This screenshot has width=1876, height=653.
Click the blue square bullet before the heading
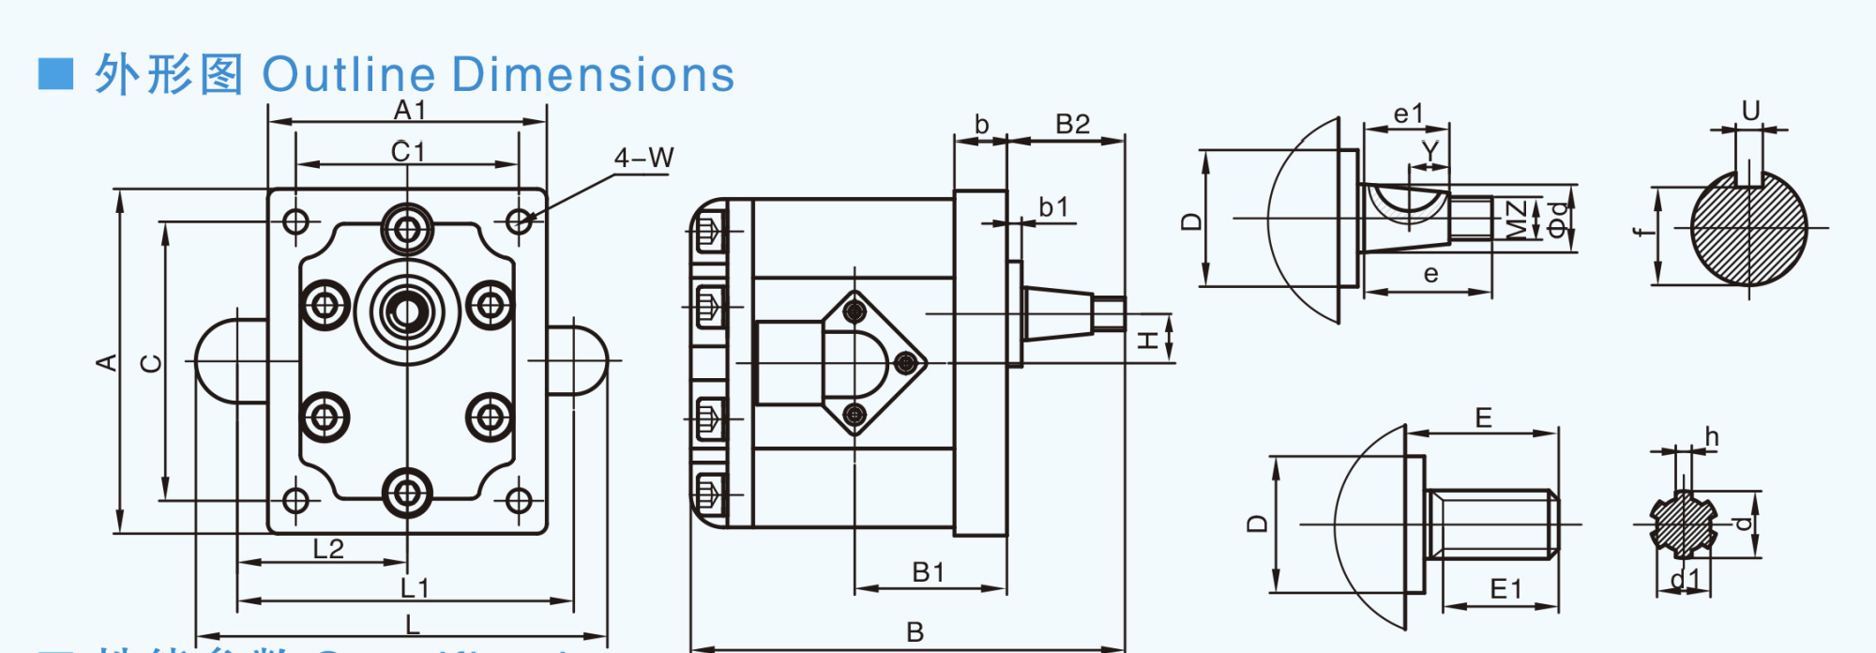55,74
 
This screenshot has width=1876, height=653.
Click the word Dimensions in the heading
593,75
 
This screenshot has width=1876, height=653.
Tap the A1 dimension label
410,110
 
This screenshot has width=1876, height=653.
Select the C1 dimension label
408,151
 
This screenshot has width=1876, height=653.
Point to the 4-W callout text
643,158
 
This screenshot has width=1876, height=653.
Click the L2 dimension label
328,549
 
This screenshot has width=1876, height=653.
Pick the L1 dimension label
414,588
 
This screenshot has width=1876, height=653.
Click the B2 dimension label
1072,124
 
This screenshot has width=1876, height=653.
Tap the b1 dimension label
1053,207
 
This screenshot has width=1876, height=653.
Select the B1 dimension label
928,572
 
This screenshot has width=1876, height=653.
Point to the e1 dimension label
1408,114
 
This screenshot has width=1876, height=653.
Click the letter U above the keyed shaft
1750,112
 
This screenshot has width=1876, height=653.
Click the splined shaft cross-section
1684,524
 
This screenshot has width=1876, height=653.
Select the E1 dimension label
1505,589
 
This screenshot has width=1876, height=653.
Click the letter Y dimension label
1430,150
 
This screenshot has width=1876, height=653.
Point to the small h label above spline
1712,437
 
